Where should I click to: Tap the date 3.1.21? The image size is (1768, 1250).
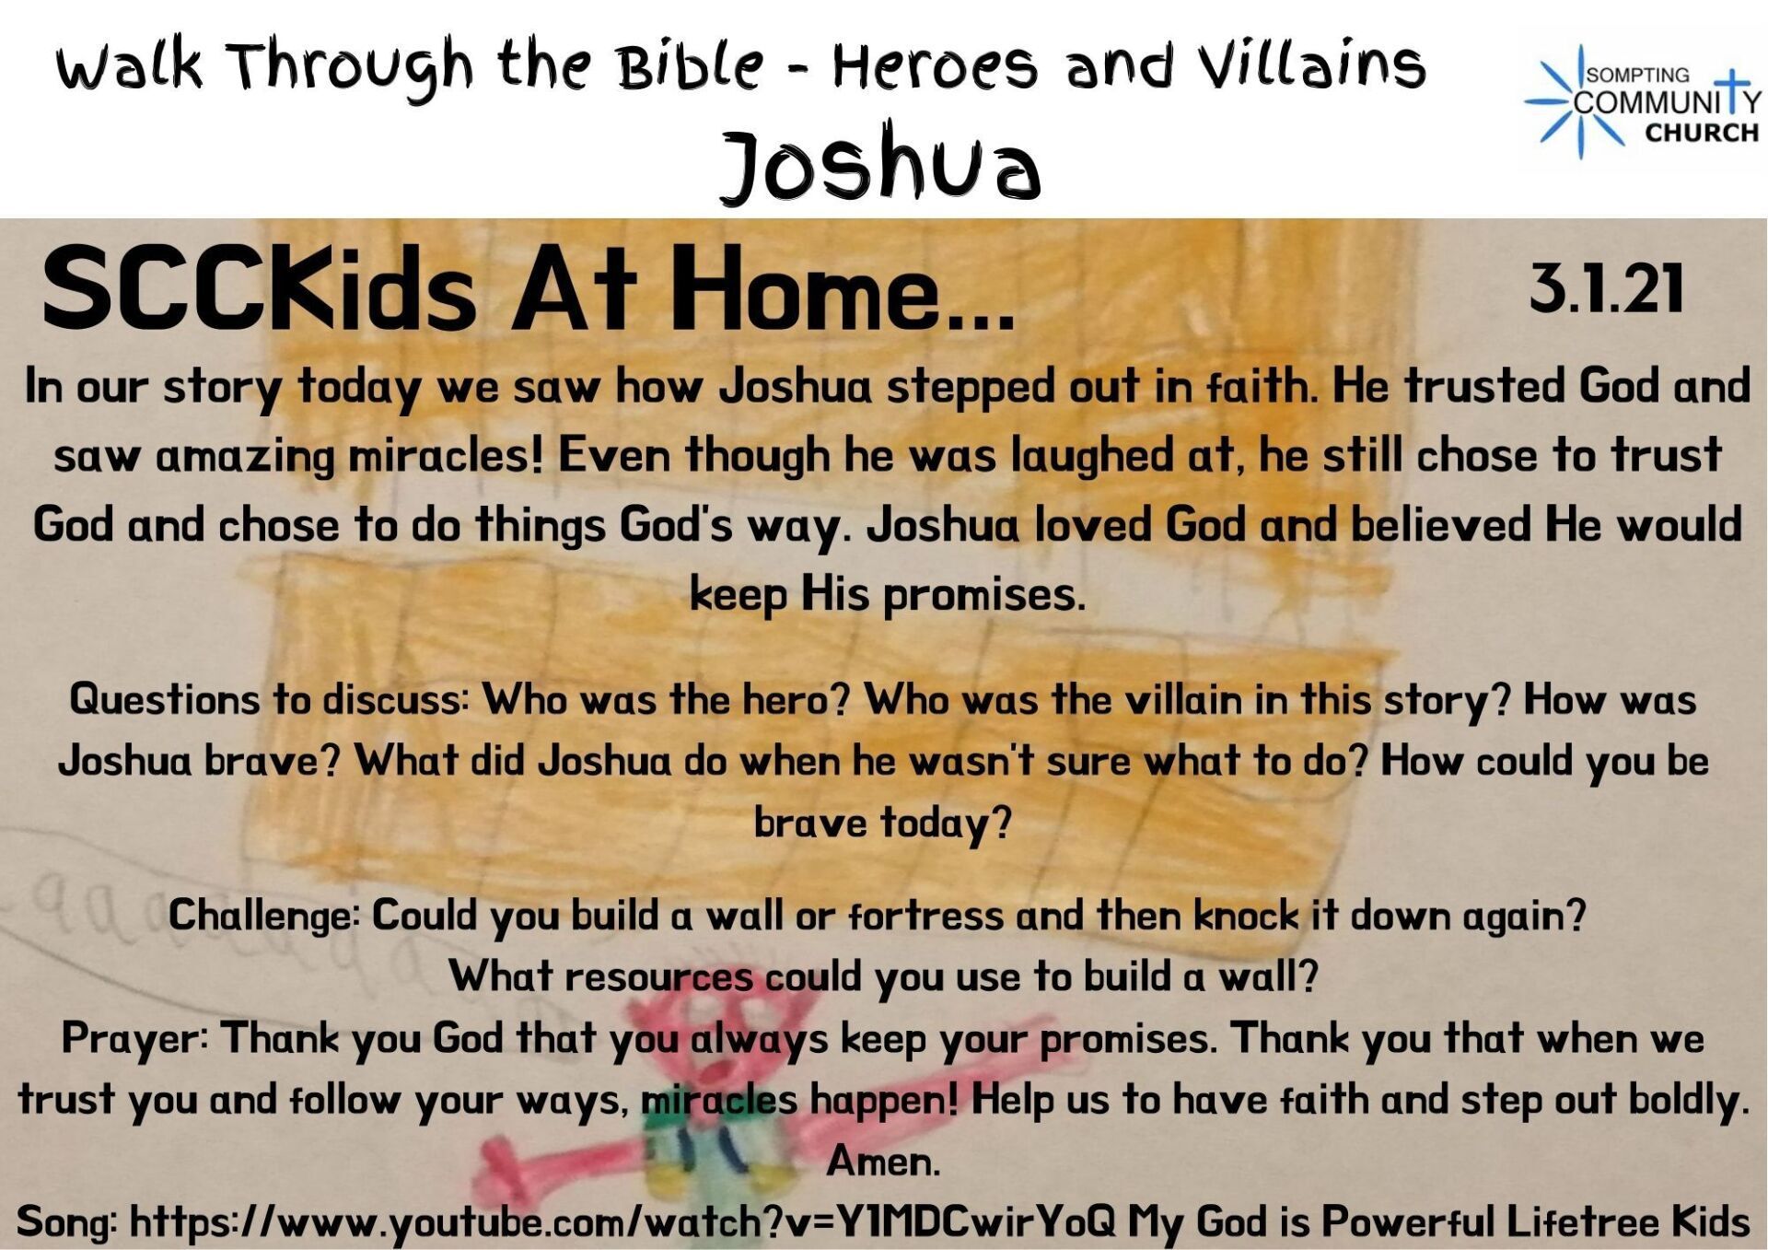(1607, 288)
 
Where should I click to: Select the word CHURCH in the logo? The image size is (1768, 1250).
(1702, 133)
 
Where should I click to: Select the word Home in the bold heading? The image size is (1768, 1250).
(799, 288)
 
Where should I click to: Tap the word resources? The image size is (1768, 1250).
(659, 976)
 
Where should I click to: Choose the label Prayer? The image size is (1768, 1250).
(136, 1038)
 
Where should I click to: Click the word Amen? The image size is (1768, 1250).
(883, 1161)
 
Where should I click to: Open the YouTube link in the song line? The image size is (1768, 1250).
(622, 1221)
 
